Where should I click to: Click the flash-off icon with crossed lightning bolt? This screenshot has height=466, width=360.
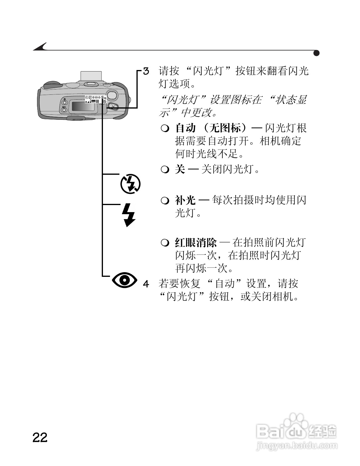click(x=130, y=184)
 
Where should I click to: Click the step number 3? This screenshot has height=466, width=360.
click(x=146, y=71)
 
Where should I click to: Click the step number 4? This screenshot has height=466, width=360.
click(x=146, y=284)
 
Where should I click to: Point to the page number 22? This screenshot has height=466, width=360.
click(x=40, y=437)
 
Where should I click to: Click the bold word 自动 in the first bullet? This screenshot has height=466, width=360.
click(x=186, y=128)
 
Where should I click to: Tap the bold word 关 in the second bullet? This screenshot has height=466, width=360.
click(x=180, y=169)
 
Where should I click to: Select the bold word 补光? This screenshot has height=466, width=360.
click(x=185, y=200)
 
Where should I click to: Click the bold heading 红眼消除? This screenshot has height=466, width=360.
click(x=196, y=243)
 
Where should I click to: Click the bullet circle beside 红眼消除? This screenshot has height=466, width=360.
click(x=165, y=243)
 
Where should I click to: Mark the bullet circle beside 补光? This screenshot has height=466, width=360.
click(x=165, y=200)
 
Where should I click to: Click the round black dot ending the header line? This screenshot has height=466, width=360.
click(x=316, y=53)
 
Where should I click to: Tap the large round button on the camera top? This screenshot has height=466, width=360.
click(x=112, y=95)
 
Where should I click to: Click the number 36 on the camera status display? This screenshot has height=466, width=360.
click(x=104, y=101)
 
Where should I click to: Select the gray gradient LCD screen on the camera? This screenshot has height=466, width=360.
click(x=84, y=106)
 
